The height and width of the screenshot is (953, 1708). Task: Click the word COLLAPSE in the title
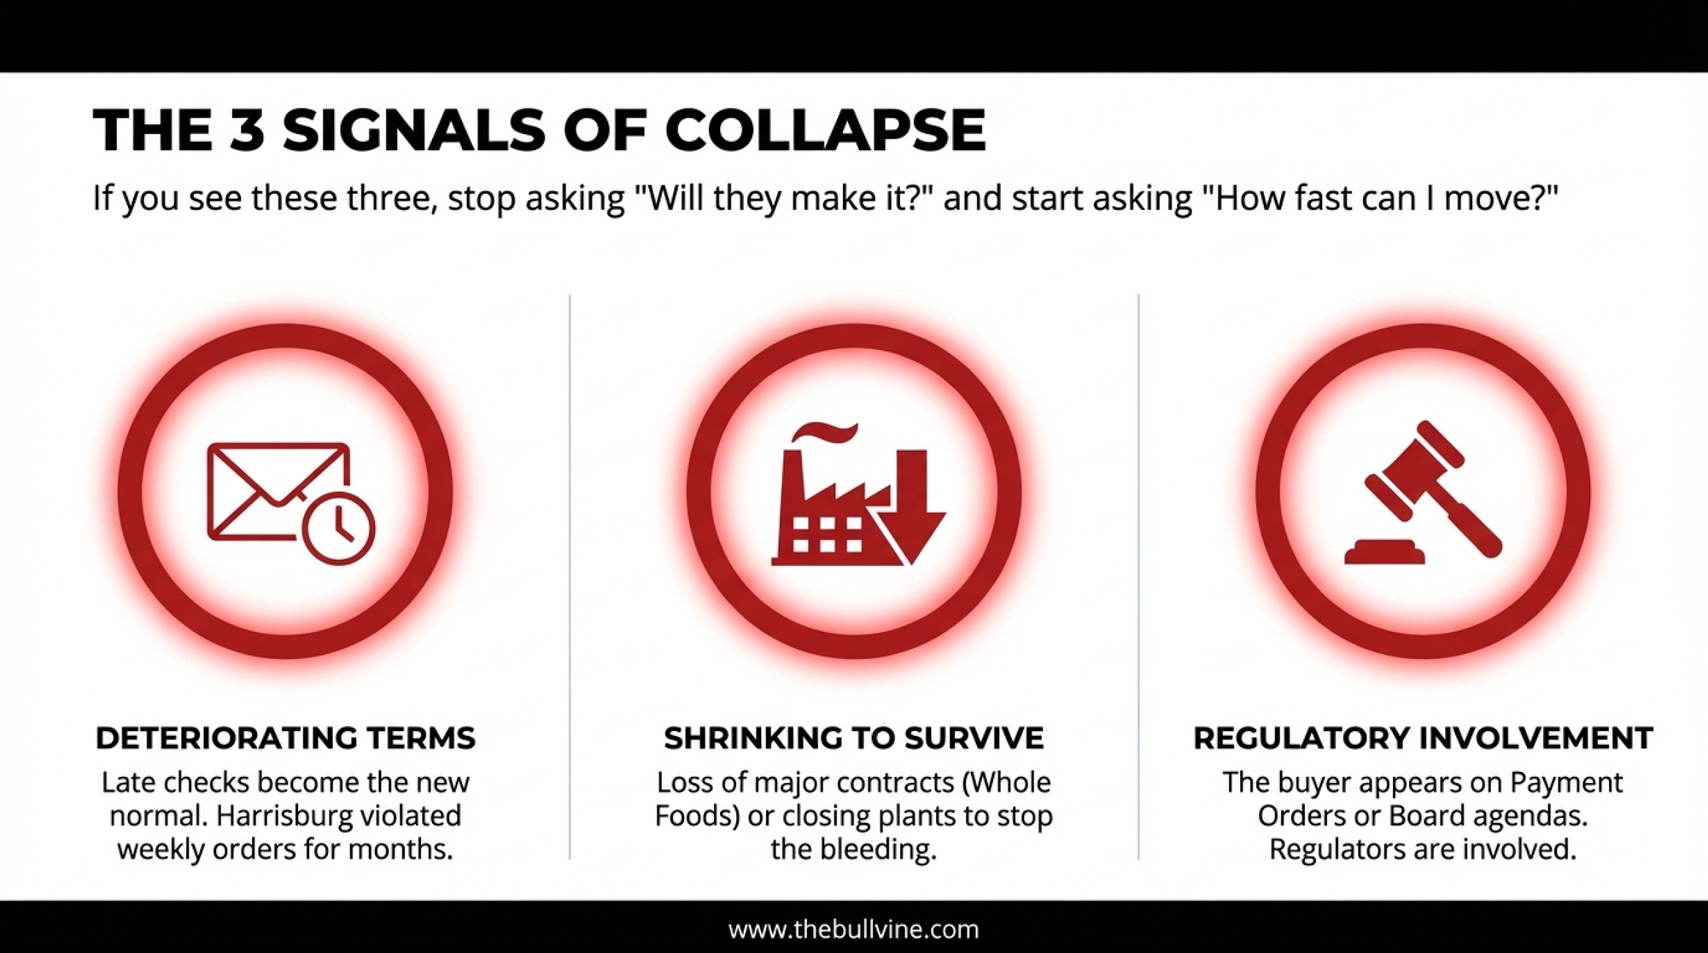point(825,131)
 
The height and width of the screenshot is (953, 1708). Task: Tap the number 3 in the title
point(247,131)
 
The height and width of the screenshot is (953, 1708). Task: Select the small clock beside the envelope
point(338,528)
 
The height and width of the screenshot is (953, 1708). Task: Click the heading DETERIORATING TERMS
point(285,738)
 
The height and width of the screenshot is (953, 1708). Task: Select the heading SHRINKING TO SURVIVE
point(854,738)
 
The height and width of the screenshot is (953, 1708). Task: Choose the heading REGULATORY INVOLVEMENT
point(1423,738)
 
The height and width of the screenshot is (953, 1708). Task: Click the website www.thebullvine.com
point(854,929)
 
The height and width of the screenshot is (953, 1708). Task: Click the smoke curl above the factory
point(824,433)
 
